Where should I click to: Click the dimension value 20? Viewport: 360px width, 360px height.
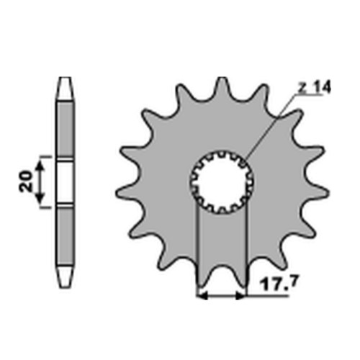(26, 181)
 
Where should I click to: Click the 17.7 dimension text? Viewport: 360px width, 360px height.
(279, 283)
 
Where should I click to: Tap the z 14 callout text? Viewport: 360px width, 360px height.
(315, 87)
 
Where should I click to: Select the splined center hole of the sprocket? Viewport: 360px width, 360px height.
(222, 182)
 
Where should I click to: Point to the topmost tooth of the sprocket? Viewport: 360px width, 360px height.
(222, 88)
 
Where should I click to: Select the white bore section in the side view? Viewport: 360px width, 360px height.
(65, 182)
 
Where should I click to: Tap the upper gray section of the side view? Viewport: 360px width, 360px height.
(65, 130)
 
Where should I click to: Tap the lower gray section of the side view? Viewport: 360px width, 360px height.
(65, 235)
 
